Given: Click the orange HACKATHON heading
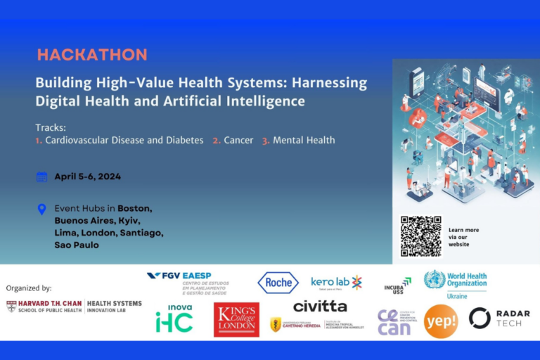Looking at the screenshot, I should click(92, 55).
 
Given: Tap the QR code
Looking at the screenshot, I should click(421, 236).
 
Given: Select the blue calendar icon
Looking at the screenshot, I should click(41, 176).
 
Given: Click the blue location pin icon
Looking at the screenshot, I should click(41, 209).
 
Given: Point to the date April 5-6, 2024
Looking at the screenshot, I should click(87, 176).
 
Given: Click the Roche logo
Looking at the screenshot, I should click(278, 283).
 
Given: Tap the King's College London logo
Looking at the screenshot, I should click(236, 320).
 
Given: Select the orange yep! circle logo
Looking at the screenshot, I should click(441, 321).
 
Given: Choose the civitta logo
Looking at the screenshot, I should click(320, 307).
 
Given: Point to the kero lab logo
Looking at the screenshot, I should click(336, 283).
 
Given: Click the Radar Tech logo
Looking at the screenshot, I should click(499, 318).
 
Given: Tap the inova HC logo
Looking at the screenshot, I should click(174, 319).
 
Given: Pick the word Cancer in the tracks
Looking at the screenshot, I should click(238, 140).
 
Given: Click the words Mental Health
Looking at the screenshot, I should click(304, 140).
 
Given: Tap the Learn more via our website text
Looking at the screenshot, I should click(463, 237).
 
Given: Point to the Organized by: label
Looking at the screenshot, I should click(29, 288).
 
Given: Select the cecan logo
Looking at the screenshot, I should click(394, 322).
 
